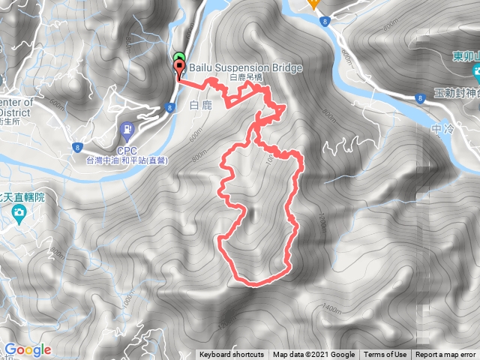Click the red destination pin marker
point(179,70)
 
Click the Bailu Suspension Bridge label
point(245,68)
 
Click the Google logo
point(27,349)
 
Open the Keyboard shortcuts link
point(231,355)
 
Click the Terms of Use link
point(385,355)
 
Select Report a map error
point(446,355)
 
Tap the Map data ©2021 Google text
point(313,355)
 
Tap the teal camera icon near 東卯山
point(478,73)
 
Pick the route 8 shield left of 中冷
point(418,97)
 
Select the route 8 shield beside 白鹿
point(171,108)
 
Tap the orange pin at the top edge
point(314,3)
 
